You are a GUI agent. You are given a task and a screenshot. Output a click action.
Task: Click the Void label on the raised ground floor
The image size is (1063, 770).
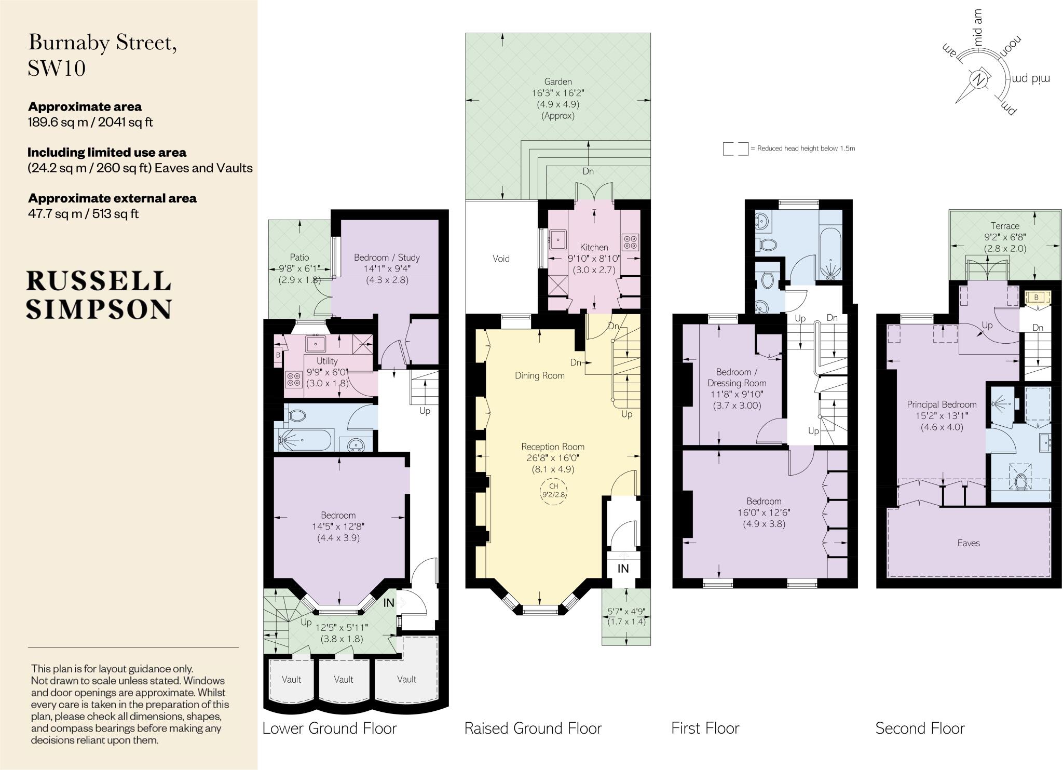point(501,259)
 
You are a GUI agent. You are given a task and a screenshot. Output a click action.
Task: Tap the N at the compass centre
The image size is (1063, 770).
point(978,80)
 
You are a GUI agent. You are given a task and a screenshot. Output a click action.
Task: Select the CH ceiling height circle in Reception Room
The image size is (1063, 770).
point(553,490)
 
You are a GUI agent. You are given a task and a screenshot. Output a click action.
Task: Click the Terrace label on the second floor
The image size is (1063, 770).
point(1005,226)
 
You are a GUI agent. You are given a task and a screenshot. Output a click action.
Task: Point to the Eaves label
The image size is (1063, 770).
point(969,543)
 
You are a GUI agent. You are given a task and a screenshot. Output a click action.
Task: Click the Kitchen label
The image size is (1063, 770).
point(594,247)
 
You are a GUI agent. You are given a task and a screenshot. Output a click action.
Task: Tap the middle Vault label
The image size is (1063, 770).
point(344,679)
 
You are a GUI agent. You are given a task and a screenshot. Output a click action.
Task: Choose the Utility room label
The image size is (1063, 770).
point(327,361)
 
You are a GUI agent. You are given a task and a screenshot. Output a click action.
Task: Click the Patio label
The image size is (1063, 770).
point(299,257)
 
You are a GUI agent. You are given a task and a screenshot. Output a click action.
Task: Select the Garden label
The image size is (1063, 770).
point(558,82)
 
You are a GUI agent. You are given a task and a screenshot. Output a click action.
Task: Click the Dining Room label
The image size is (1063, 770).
point(540,375)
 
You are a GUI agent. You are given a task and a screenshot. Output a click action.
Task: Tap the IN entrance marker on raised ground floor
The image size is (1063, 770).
point(623,569)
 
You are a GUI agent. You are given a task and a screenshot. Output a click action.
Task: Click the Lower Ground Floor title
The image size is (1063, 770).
point(330,728)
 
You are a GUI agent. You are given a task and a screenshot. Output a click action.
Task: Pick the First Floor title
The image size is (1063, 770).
point(705,728)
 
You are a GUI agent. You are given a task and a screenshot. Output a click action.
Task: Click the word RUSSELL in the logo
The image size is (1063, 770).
point(99,281)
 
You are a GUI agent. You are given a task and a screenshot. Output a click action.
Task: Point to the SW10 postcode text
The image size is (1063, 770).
point(57,68)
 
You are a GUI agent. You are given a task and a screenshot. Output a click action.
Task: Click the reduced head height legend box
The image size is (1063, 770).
point(735,149)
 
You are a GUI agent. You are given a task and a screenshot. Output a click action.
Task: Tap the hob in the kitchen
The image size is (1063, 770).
point(630,242)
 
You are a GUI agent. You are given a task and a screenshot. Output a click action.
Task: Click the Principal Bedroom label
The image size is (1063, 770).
point(942,404)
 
